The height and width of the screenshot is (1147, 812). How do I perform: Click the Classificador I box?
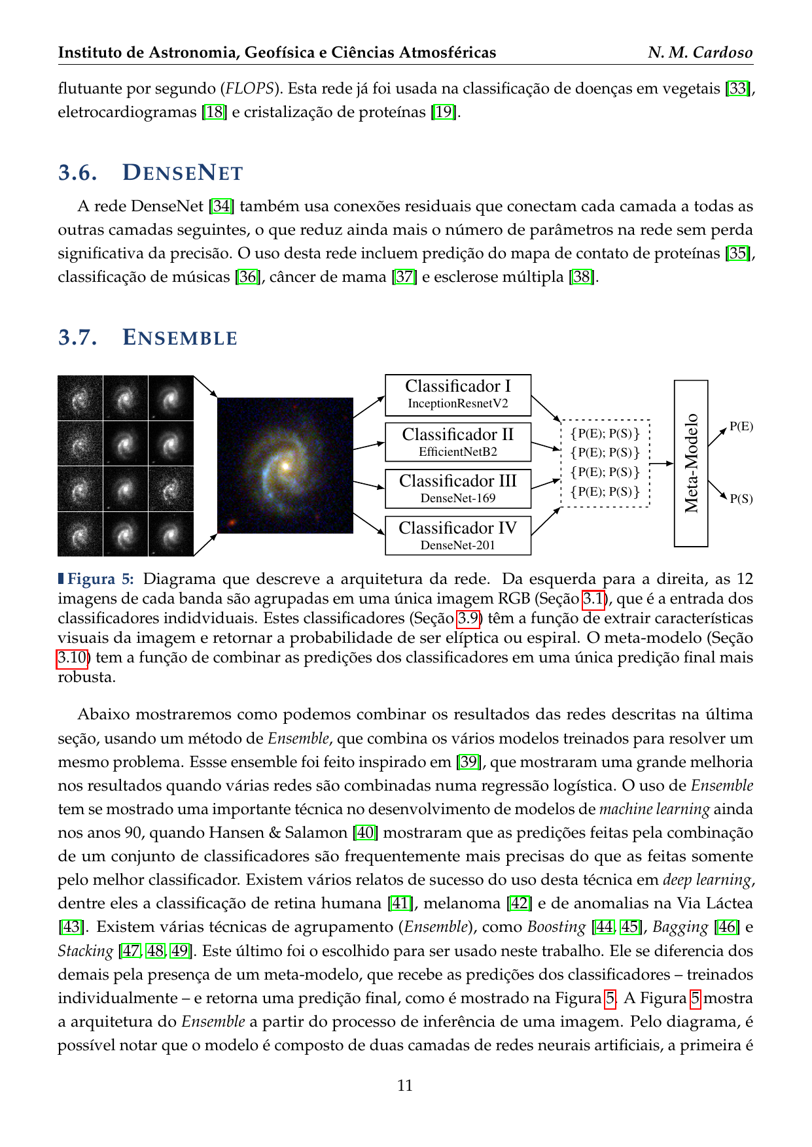[x=457, y=395]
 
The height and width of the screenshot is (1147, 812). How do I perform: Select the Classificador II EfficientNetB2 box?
[x=457, y=442]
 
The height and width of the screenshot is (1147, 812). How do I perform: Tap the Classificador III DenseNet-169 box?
[x=457, y=488]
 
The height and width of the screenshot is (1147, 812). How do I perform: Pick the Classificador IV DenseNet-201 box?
[x=457, y=536]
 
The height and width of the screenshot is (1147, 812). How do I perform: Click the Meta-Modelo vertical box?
[x=691, y=463]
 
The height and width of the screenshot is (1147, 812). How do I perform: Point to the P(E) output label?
[x=741, y=427]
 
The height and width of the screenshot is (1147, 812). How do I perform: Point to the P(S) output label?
[x=741, y=499]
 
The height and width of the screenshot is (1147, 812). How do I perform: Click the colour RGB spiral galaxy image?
[x=285, y=465]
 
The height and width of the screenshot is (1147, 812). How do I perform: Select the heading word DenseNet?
[x=183, y=173]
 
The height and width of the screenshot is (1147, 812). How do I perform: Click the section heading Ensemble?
[x=180, y=338]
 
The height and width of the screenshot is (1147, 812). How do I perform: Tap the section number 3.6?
[x=78, y=173]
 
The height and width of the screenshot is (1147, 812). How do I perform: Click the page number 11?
[x=405, y=1086]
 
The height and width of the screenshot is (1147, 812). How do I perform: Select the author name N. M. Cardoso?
[x=700, y=52]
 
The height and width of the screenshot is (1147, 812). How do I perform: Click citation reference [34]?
[x=221, y=207]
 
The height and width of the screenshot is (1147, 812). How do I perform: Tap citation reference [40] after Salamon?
[x=365, y=832]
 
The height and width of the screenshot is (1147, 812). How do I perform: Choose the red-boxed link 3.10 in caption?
[x=72, y=657]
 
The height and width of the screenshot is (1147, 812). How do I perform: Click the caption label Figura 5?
[x=100, y=579]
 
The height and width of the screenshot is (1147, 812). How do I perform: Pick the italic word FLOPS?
[x=249, y=88]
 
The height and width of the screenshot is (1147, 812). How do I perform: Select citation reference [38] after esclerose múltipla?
[x=582, y=277]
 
